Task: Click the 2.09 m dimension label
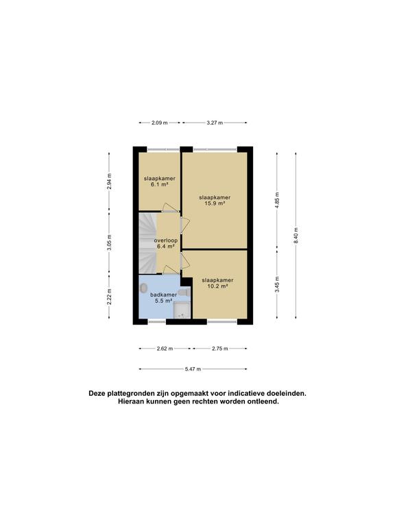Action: point(159,123)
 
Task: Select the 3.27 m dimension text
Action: point(215,123)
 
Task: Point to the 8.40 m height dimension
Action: point(296,236)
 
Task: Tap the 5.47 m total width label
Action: point(193,369)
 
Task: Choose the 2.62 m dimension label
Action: point(165,349)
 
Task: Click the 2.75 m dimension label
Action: point(219,349)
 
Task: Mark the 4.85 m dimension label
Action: point(277,200)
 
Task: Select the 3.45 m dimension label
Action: point(277,284)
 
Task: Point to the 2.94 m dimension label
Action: point(109,181)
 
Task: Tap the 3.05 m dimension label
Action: point(109,242)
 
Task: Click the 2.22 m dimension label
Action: point(109,297)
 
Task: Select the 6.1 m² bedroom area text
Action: point(160,184)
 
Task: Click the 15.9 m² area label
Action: point(215,203)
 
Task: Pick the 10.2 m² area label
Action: point(217,286)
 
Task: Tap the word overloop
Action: point(166,240)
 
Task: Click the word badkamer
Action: point(164,295)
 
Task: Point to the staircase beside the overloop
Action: point(148,243)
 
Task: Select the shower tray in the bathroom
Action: point(182,310)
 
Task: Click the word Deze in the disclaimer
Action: point(97,394)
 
